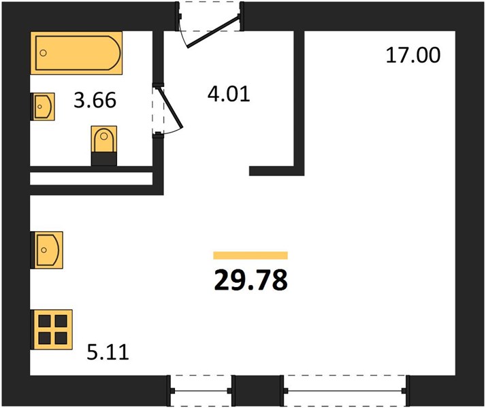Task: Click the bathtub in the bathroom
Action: click(76, 53)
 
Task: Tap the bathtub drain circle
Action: click(44, 53)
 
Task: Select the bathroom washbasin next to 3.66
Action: click(43, 107)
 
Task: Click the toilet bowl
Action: click(104, 139)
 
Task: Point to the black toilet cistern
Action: click(104, 159)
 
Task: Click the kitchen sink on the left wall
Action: click(47, 250)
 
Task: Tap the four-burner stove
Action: click(52, 330)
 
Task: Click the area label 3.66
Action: click(95, 100)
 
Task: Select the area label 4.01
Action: click(229, 94)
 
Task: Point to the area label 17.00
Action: click(413, 55)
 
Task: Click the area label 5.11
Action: click(108, 352)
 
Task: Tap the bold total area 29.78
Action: click(250, 280)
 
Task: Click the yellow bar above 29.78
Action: click(250, 256)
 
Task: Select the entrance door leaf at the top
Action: click(214, 31)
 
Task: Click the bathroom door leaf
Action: click(171, 107)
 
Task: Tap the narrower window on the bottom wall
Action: click(201, 391)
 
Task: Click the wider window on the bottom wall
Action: click(344, 391)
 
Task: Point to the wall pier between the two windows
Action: click(258, 391)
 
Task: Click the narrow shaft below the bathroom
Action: click(91, 179)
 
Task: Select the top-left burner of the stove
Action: click(45, 322)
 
